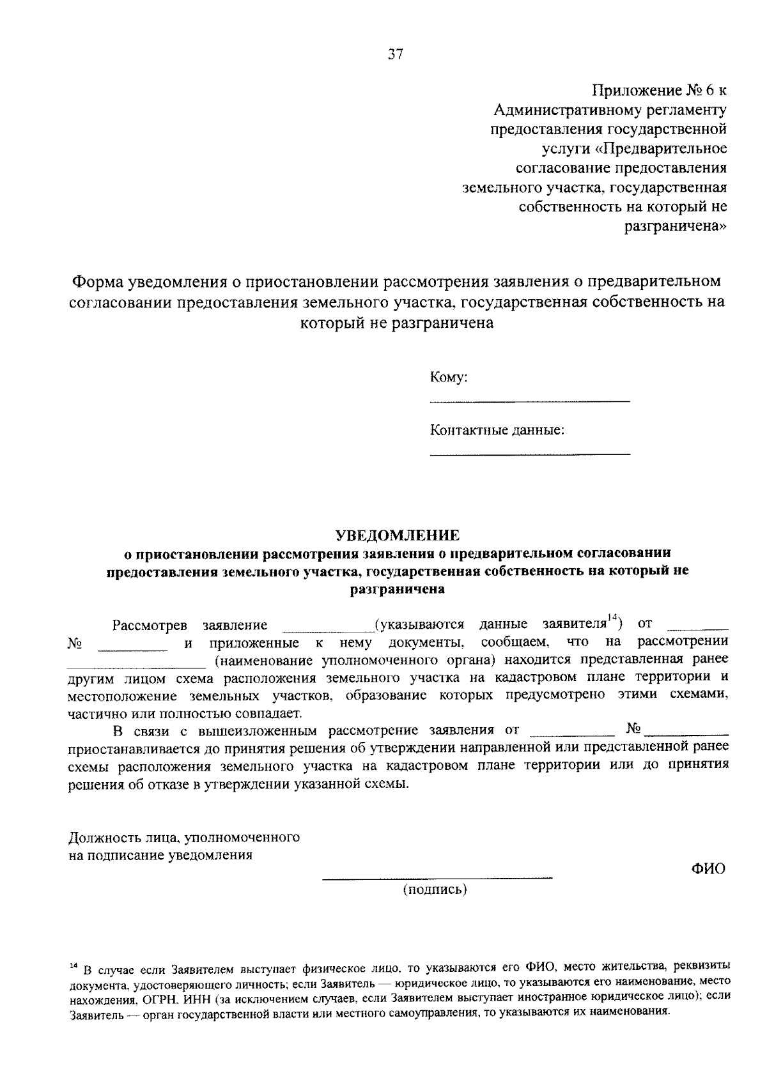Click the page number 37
tap(396, 55)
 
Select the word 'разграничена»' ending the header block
tap(676, 226)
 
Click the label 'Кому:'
tap(449, 377)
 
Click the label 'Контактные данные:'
tap(497, 429)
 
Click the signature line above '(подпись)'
tap(437, 879)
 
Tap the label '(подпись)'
tap(435, 889)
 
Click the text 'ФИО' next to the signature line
tap(709, 869)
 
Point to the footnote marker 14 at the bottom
tap(74, 964)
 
